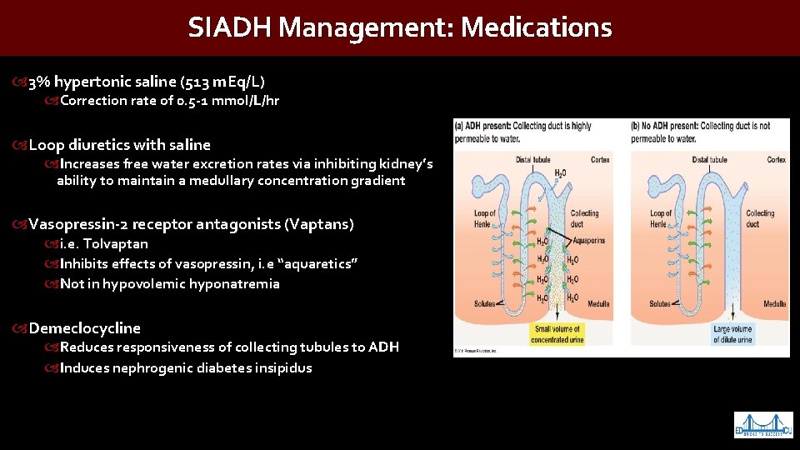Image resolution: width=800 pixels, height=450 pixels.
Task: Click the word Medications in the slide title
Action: [536, 27]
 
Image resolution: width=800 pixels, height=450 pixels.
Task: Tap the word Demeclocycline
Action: [85, 328]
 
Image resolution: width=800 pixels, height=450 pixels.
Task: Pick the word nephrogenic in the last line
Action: [151, 367]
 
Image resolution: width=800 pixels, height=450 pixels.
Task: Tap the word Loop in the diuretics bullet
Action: [46, 145]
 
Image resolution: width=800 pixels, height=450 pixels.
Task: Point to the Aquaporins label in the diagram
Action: [589, 240]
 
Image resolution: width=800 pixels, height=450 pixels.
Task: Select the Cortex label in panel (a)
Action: [600, 160]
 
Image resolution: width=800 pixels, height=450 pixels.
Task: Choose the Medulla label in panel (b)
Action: [774, 304]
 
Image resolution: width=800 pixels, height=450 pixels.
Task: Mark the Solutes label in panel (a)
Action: [487, 304]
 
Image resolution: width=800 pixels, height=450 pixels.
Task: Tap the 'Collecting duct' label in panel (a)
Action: [585, 218]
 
